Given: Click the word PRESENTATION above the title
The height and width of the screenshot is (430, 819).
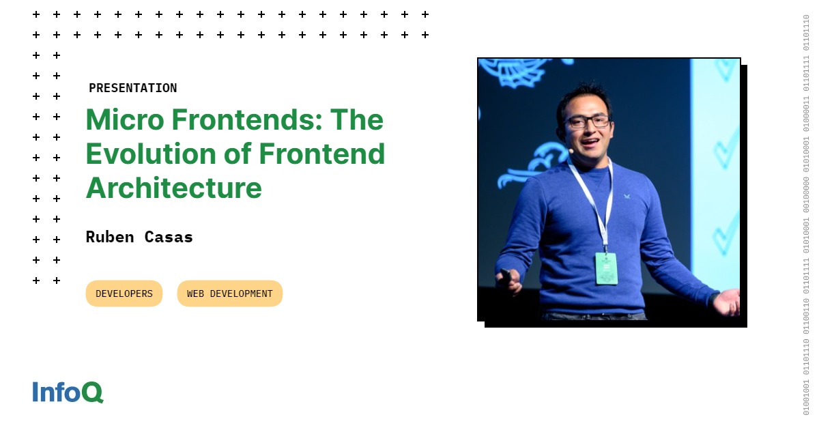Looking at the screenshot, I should point(132,88).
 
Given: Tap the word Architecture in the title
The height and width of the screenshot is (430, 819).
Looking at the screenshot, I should point(173,188).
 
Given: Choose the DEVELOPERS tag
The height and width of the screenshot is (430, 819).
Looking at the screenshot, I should point(124,293).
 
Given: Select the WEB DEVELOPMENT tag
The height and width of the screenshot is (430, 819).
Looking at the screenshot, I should point(229,293).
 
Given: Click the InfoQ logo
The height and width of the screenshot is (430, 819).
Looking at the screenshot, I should point(68,392).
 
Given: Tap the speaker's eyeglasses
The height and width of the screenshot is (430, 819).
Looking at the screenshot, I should point(587,121).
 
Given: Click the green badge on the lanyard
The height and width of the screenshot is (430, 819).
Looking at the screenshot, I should point(605,268).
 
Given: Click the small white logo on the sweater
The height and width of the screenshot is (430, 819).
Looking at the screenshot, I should point(627,196).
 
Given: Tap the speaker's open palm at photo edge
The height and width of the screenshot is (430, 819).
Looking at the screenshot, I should point(728,301).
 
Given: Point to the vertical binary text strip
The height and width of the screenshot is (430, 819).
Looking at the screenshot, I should point(806,215).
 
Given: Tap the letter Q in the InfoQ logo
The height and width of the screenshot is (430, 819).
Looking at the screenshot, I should point(92,392).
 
